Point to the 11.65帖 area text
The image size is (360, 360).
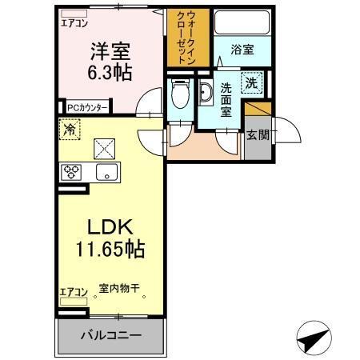pyautogui.click(x=110, y=250)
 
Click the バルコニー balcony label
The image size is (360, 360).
pyautogui.click(x=110, y=335)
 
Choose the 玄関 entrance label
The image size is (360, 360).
pyautogui.click(x=257, y=134)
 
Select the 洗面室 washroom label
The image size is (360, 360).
pyautogui.click(x=227, y=99)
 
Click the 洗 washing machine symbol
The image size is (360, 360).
pyautogui.click(x=250, y=81)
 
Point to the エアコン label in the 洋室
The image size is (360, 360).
pyautogui.click(x=74, y=23)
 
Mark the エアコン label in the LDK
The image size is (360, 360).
pyautogui.click(x=73, y=292)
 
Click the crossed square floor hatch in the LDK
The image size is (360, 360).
pyautogui.click(x=105, y=148)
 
